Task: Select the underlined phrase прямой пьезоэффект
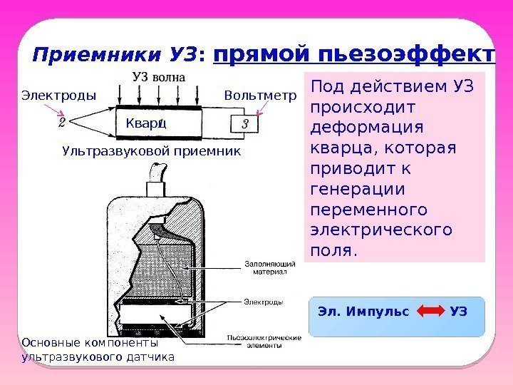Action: [353, 54]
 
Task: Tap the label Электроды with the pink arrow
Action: [58, 95]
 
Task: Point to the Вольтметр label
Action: [259, 95]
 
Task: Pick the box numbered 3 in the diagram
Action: [245, 124]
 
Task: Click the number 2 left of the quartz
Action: [63, 123]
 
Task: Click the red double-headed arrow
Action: [430, 312]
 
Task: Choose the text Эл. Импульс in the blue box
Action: [363, 312]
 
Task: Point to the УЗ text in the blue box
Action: [460, 312]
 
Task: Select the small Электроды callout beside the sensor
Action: [264, 302]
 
